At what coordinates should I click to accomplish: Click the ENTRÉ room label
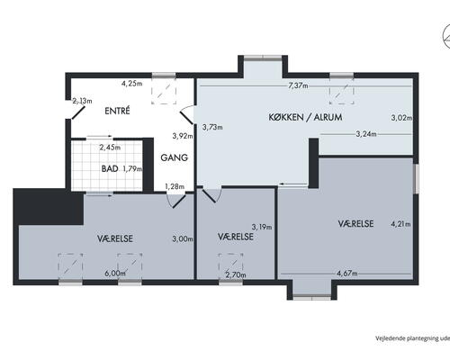coord(117,111)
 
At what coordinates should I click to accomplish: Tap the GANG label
coord(175,157)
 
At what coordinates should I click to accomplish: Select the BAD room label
coord(110,168)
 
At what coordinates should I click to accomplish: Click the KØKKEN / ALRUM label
coord(305,117)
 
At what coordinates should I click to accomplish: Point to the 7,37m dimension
coord(298,85)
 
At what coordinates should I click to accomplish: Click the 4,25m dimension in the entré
coord(131,84)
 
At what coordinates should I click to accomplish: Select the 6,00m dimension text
coord(115,274)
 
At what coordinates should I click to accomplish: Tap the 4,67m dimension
coord(347,274)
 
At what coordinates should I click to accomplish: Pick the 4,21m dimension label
coord(400,224)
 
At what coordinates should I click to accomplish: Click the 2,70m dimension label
coord(236,274)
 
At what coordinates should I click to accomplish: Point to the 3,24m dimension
coord(366,134)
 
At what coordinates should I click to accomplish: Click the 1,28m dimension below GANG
coord(175,186)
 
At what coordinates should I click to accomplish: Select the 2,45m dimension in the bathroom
coord(110,148)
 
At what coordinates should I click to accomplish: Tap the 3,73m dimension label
coord(212,127)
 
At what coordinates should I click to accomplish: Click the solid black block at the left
coord(48,206)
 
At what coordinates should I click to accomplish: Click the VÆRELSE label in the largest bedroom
coord(355,224)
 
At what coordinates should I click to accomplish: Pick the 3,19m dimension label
coord(262,227)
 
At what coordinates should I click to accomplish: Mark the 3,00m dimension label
coord(183,239)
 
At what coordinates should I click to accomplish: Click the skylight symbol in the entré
coord(164,92)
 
